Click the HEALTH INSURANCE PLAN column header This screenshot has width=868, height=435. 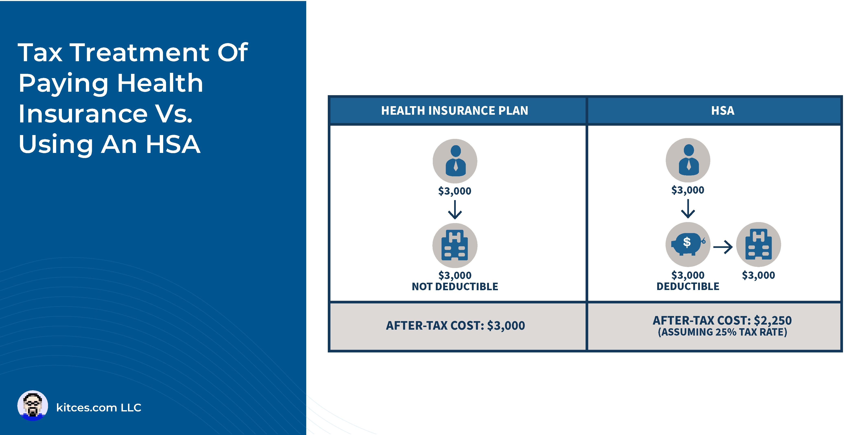pos(455,110)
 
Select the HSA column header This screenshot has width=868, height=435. pos(723,110)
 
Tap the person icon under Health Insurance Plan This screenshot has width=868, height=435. pos(455,161)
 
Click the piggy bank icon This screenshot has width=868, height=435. pos(687,244)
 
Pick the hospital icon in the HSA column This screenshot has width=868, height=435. pos(759,244)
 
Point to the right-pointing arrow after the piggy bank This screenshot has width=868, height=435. pos(723,247)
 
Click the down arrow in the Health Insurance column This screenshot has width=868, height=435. pos(455,210)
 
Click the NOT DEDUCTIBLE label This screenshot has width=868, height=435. pos(455,287)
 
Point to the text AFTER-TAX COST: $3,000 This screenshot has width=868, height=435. pos(455,326)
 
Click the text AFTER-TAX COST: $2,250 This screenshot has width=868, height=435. pos(722,320)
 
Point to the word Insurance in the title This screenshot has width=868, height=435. pos(83,114)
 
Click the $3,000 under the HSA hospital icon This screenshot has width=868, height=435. pos(759,275)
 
